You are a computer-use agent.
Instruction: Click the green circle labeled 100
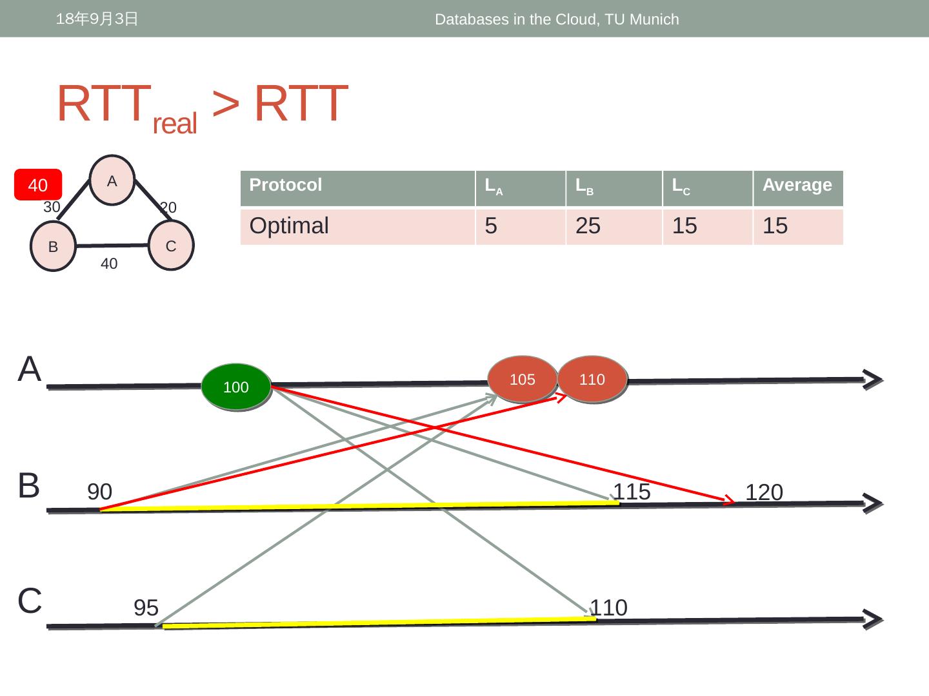pyautogui.click(x=235, y=387)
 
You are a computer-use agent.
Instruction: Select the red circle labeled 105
pyautogui.click(x=523, y=379)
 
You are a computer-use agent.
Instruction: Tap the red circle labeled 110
pyautogui.click(x=592, y=379)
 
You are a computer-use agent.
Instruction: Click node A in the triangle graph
pyautogui.click(x=112, y=181)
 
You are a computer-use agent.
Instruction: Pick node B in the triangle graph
pyautogui.click(x=54, y=246)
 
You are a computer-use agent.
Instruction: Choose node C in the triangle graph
pyautogui.click(x=171, y=246)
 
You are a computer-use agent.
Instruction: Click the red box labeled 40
pyautogui.click(x=38, y=185)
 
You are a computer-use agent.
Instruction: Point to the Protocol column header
pyautogui.click(x=286, y=186)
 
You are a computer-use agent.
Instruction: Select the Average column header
pyautogui.click(x=797, y=186)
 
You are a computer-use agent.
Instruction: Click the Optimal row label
pyautogui.click(x=289, y=226)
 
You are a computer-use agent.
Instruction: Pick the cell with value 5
pyautogui.click(x=491, y=226)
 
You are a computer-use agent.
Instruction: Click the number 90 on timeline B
pyautogui.click(x=99, y=492)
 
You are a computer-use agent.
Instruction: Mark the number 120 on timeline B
pyautogui.click(x=764, y=492)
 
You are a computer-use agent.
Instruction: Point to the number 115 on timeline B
pyautogui.click(x=632, y=492)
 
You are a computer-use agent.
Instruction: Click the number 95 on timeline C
pyautogui.click(x=146, y=608)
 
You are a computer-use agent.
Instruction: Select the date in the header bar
pyautogui.click(x=97, y=19)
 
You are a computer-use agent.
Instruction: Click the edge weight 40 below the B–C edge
pyautogui.click(x=109, y=264)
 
